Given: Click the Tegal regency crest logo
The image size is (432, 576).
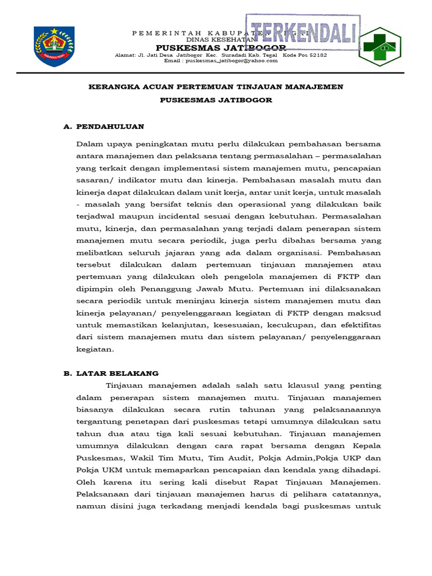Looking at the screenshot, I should coord(54,47).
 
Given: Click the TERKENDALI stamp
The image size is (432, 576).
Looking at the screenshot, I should coord(303,33).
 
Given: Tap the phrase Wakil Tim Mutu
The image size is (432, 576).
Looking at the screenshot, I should coord(152,458).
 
